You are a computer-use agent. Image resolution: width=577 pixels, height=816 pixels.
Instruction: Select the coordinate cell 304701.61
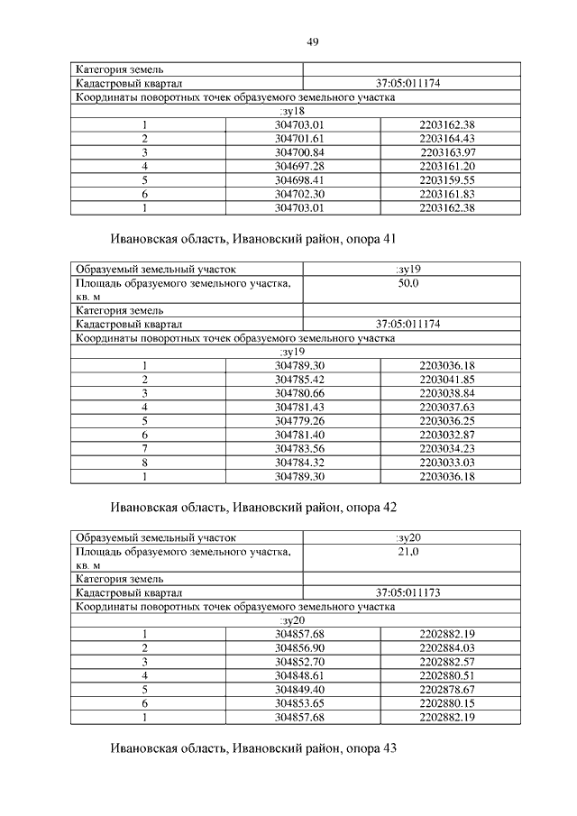303,138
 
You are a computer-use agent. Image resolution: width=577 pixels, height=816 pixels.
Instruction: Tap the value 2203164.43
446,138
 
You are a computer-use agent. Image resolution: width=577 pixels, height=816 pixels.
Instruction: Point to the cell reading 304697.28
303,167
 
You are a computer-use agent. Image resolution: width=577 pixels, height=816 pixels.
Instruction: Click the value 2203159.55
446,180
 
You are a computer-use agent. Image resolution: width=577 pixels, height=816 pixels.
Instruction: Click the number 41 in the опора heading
389,240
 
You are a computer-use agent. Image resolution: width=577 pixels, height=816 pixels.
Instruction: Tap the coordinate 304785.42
303,380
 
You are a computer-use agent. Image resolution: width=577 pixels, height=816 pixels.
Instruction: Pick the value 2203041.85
446,380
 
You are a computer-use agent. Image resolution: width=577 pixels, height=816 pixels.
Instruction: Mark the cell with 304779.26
303,421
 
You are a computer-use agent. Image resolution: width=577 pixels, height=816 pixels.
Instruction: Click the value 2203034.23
446,448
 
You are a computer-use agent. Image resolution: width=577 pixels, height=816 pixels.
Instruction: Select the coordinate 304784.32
303,463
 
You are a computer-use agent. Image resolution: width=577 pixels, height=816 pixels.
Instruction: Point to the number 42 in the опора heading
389,508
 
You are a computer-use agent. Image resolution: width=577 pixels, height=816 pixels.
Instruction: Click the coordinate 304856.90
303,648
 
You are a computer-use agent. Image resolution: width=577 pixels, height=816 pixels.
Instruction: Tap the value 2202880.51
446,675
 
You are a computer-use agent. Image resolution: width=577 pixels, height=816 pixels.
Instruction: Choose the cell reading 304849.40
303,690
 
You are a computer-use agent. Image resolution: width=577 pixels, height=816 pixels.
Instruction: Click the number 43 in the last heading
389,748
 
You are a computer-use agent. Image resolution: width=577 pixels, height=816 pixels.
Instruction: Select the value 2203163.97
446,152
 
